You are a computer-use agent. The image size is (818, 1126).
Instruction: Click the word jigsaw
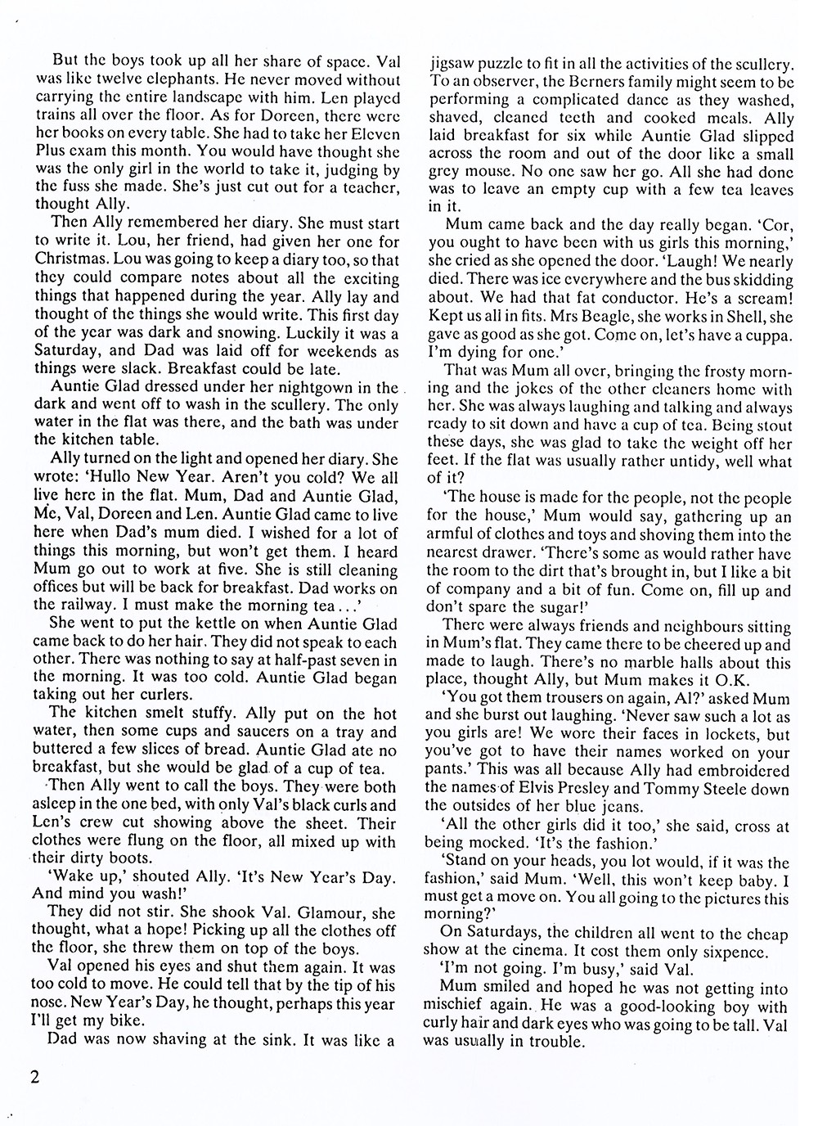pos(455,63)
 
